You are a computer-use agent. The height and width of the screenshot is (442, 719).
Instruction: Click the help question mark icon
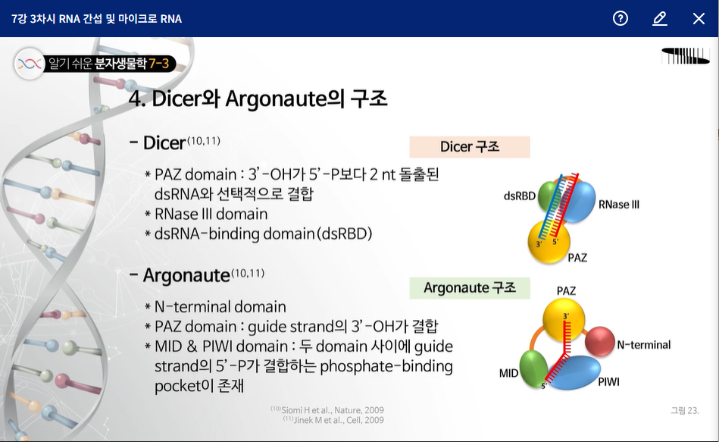coord(620,18)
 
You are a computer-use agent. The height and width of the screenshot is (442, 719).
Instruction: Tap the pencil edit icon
coord(659,19)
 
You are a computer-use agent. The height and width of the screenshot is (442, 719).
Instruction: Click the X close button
coord(699,19)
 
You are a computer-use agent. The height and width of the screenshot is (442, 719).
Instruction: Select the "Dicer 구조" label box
coord(470,147)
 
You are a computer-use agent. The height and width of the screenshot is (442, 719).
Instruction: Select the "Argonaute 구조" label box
coord(470,288)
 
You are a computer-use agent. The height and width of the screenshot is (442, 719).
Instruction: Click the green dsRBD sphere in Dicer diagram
coord(546,196)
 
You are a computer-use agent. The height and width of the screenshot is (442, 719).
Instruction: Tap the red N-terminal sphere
coord(600,341)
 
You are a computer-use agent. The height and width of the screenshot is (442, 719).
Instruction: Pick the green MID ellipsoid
coord(533,368)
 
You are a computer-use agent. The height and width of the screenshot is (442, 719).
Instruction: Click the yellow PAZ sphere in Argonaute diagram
coord(564,319)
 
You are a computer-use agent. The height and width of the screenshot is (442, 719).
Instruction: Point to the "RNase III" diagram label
coord(618,205)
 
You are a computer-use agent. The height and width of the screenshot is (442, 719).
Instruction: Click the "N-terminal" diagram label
coord(644,345)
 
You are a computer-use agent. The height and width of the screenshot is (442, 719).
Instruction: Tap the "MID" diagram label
coord(508,373)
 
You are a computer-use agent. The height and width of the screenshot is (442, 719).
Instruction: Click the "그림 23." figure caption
coord(685,410)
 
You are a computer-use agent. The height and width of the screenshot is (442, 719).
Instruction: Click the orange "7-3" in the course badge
coord(158,64)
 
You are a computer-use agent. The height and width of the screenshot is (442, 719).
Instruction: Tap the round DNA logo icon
coord(30,64)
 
